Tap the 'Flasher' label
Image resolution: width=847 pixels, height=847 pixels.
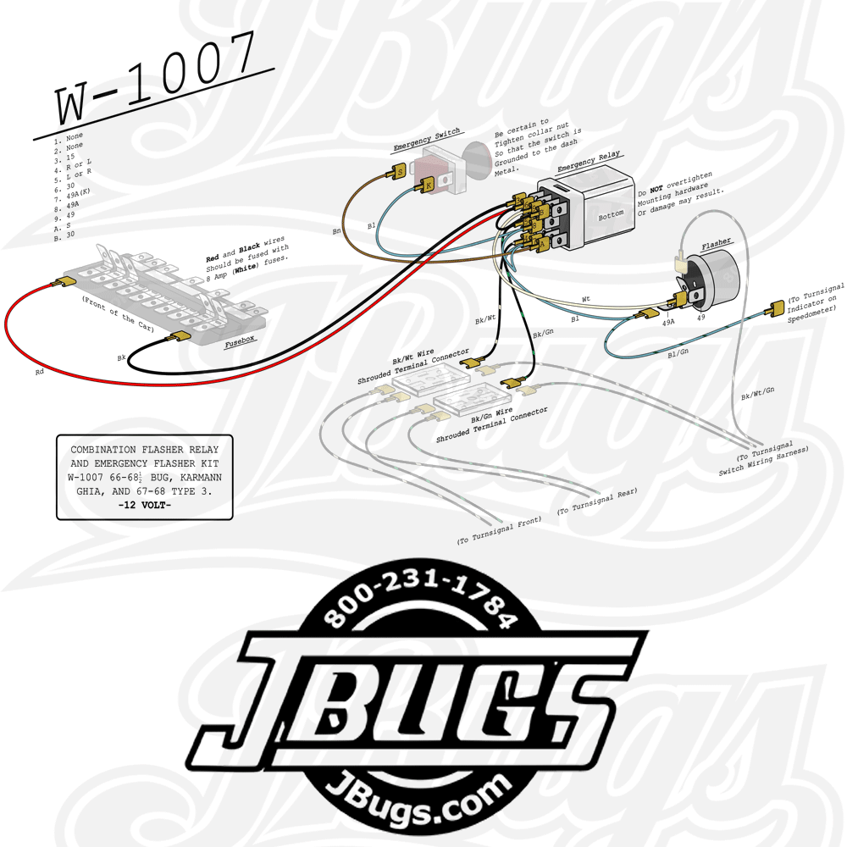716,245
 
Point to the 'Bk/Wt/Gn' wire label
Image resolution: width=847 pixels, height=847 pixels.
758,395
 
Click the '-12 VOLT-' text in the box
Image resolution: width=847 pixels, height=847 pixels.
144,506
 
